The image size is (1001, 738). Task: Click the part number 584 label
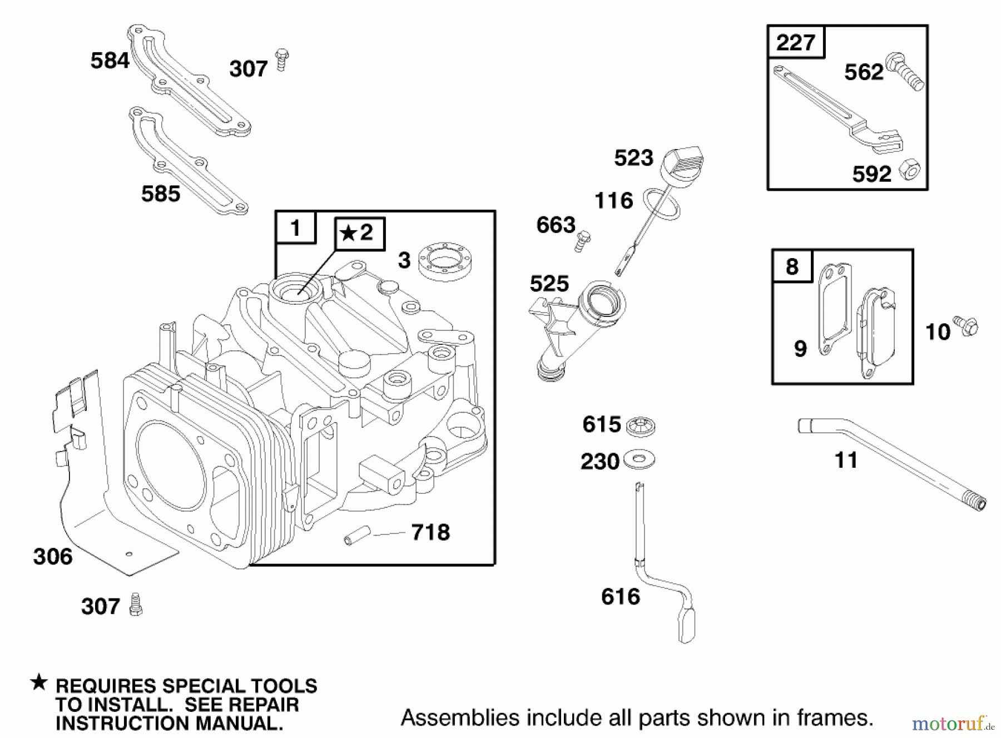[x=110, y=61]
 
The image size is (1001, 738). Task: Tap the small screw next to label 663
[x=582, y=240]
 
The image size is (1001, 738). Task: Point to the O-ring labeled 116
[x=662, y=204]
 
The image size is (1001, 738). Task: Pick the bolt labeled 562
[x=905, y=71]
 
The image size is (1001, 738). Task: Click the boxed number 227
[x=795, y=42]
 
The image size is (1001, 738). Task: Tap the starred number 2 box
[x=359, y=232]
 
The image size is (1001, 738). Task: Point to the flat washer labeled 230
[x=639, y=460]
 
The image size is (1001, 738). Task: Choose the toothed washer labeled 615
[x=640, y=426]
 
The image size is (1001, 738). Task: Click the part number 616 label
[x=621, y=597]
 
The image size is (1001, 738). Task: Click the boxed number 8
[x=792, y=266]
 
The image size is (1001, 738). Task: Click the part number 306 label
[x=53, y=556]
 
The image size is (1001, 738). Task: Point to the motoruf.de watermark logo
[x=952, y=723]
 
